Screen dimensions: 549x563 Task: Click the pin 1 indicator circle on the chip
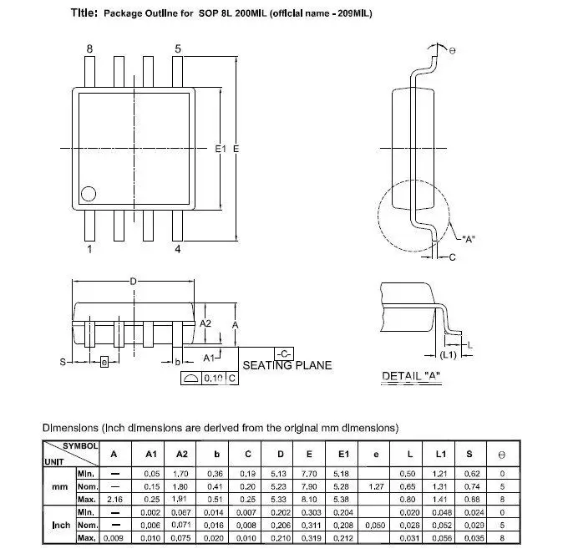88,195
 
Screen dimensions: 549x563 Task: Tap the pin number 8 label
90,49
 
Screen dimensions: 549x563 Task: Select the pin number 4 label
178,249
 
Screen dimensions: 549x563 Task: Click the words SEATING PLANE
287,365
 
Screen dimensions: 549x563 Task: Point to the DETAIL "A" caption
411,376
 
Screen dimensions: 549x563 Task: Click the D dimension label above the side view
133,282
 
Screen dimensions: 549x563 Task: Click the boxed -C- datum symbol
284,352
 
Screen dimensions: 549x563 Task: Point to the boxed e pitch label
104,362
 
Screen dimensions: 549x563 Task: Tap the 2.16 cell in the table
114,499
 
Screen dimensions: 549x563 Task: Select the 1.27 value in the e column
376,486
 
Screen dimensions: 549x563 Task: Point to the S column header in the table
469,454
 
